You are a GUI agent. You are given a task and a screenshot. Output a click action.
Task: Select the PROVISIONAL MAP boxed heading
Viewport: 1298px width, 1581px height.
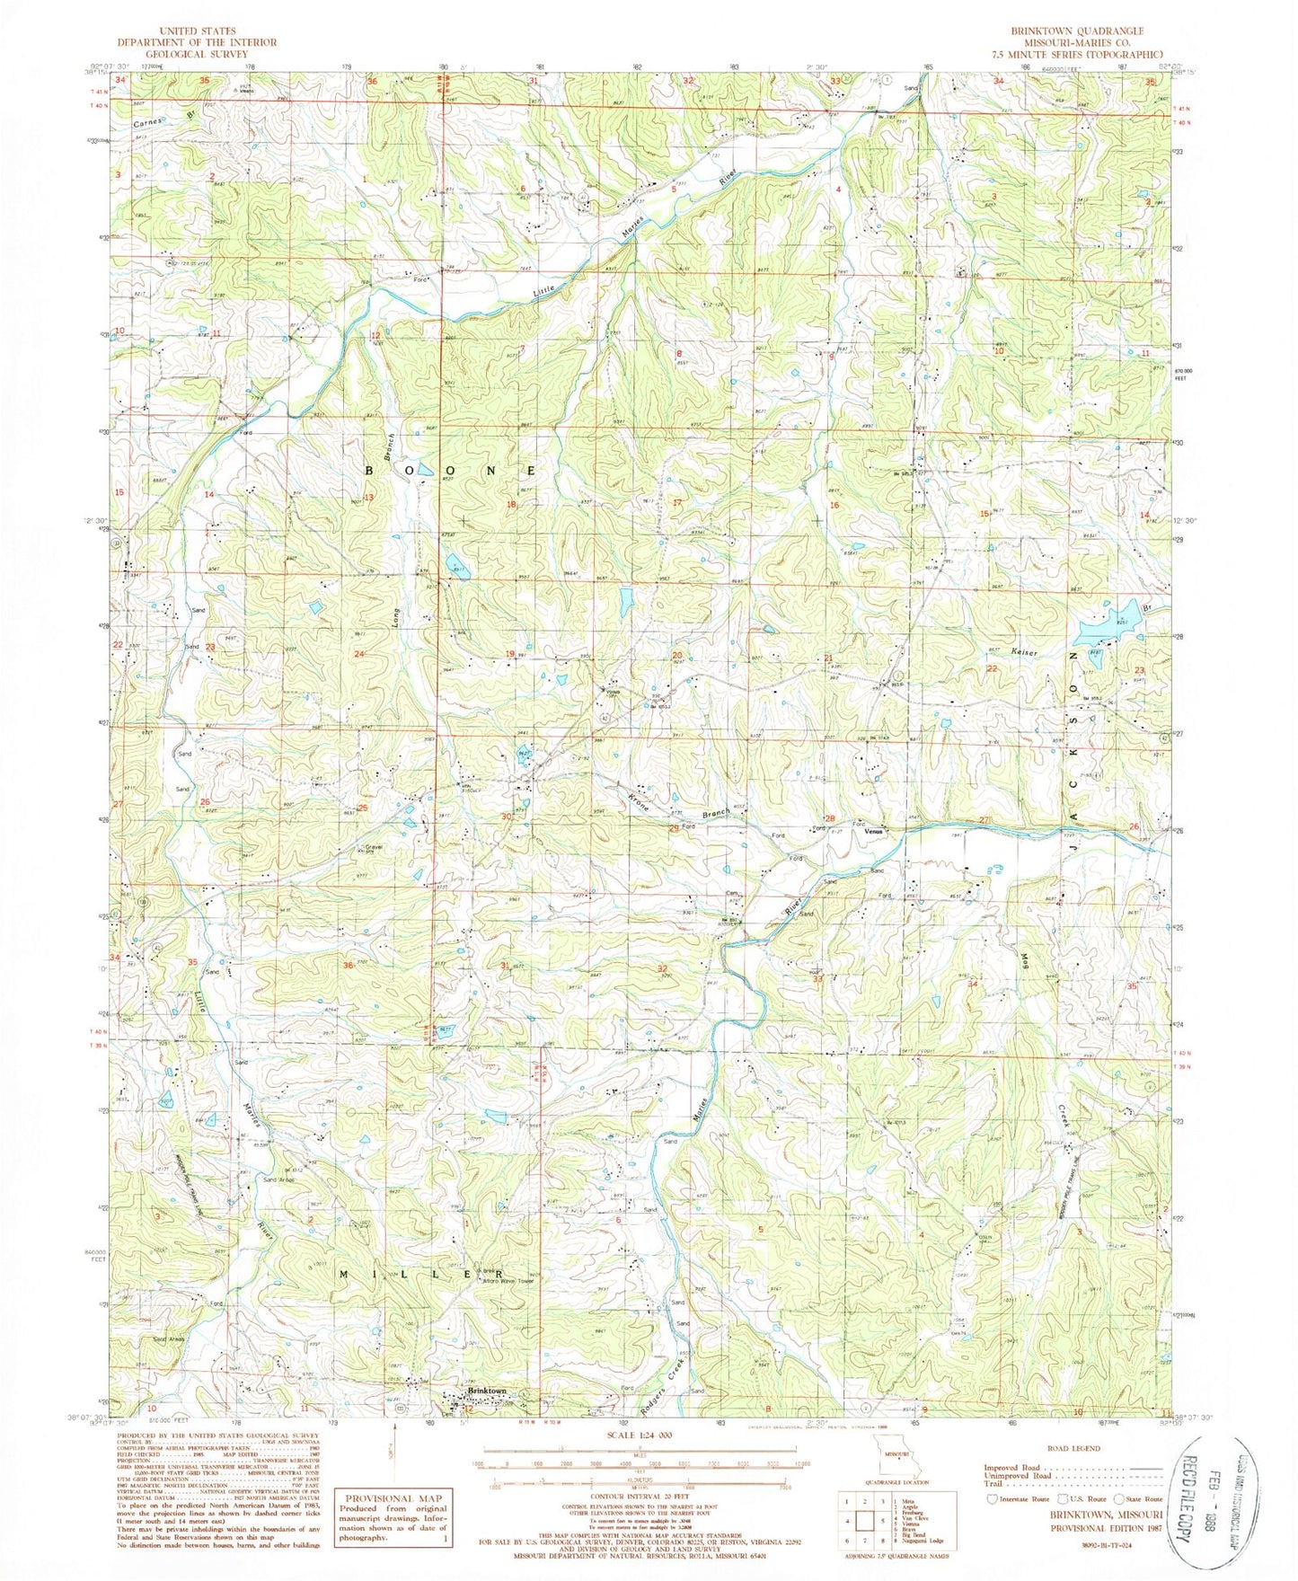[393, 1497]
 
